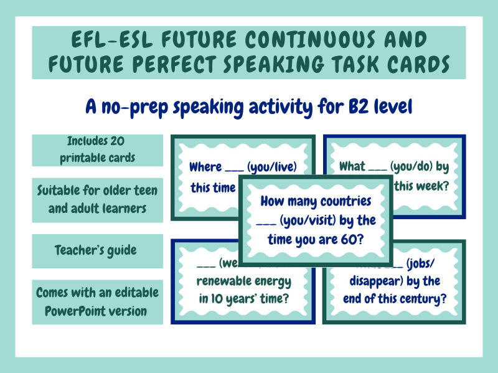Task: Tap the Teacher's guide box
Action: pos(97,250)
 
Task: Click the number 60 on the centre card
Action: pos(356,238)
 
